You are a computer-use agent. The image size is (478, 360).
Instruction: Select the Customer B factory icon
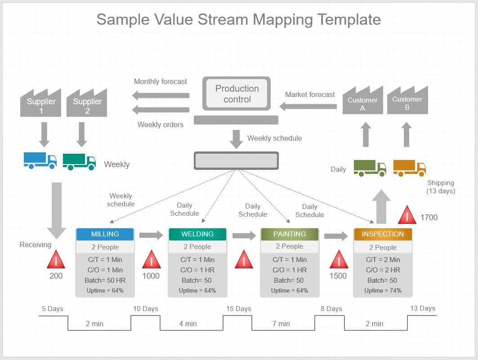[x=407, y=102]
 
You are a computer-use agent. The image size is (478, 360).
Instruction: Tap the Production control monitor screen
[x=237, y=94]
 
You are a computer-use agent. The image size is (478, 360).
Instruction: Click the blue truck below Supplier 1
[x=40, y=160]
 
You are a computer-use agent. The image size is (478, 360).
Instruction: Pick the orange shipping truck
[x=409, y=168]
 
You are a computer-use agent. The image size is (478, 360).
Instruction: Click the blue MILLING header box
[x=105, y=234]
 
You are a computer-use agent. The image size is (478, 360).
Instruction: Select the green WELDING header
[x=197, y=234]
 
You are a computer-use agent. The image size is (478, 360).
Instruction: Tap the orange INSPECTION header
[x=383, y=234]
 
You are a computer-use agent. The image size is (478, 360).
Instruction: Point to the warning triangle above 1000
[x=152, y=260]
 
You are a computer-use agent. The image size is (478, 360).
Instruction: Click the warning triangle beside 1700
[x=407, y=215]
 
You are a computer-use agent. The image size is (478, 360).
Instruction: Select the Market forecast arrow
[x=308, y=107]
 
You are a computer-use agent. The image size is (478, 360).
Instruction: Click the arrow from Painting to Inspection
[x=336, y=236]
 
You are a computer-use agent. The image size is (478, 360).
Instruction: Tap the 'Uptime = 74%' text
[x=383, y=290]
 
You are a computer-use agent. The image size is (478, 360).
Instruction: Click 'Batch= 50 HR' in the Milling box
[x=105, y=280]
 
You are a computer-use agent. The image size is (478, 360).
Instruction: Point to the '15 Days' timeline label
[x=238, y=309]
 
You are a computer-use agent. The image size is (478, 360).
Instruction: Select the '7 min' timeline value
[x=281, y=324]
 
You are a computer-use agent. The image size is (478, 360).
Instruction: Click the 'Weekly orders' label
[x=161, y=124]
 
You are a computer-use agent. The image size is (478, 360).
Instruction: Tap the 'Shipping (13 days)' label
[x=441, y=187]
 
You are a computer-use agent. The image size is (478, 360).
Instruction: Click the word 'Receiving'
[x=36, y=244]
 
